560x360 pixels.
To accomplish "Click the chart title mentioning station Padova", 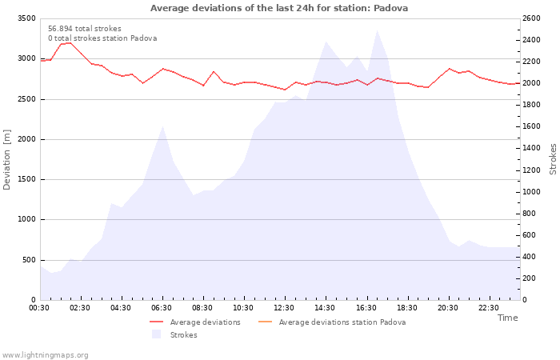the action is [279, 8].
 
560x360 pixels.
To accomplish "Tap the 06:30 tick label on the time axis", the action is [161, 308].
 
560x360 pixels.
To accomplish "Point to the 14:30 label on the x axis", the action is [324, 308].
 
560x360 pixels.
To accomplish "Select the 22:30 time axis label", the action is [488, 308].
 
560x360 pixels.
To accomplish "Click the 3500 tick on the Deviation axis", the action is [26, 18].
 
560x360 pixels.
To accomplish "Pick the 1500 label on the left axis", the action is [26, 179].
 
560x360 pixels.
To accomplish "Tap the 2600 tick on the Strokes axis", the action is [531, 18].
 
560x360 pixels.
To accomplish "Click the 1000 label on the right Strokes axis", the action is [531, 192].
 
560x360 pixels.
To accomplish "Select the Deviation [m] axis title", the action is [6, 159].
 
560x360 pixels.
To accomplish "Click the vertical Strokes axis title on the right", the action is [553, 159].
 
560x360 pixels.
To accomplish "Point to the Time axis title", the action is [507, 318].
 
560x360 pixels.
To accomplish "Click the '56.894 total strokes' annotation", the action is [85, 29].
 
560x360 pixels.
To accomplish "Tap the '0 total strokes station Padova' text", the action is [102, 38].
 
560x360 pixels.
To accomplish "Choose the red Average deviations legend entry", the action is [195, 322].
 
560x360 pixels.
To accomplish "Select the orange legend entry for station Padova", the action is [332, 322].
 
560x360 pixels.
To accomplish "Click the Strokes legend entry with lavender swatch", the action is [174, 334].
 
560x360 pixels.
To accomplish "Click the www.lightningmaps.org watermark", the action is [44, 355].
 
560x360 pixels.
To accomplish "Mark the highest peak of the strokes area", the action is [377, 30].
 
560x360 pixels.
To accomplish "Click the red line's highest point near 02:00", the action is [70, 43].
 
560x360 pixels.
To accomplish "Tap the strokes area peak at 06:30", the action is [163, 126].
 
